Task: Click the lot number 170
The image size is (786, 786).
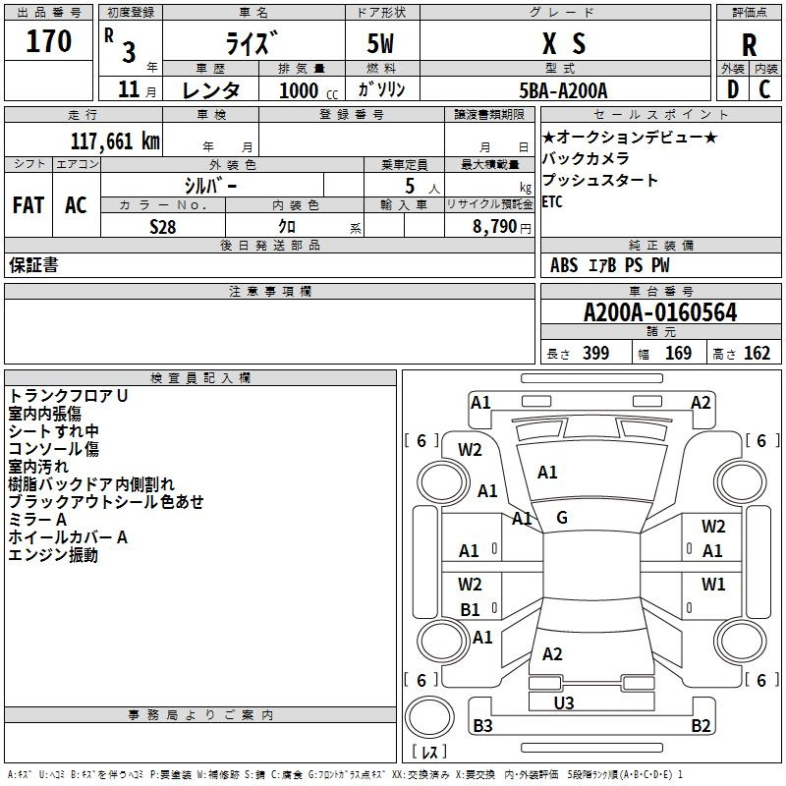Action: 48,40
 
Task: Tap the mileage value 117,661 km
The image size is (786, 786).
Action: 115,141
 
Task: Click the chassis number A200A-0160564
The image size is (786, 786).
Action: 660,312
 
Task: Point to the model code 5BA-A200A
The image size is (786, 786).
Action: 563,90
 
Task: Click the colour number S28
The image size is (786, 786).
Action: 162,227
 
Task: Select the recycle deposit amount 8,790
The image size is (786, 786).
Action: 495,227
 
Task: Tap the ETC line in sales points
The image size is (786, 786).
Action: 552,202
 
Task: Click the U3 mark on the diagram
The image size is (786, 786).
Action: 563,702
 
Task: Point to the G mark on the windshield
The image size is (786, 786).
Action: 562,518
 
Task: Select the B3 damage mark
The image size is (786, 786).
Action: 482,725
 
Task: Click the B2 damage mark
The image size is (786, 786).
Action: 701,725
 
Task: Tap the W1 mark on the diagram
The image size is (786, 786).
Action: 713,584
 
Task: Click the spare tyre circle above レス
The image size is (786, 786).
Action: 429,716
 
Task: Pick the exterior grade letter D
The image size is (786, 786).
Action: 733,89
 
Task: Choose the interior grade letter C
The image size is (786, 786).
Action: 764,89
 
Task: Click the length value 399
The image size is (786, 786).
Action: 596,353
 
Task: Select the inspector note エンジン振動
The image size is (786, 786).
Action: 53,555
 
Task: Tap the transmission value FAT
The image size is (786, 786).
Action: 28,205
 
